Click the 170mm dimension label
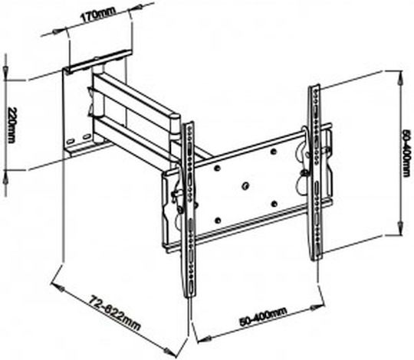click(98, 15)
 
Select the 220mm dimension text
click(12, 125)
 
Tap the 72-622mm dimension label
click(113, 313)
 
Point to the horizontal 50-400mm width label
click(263, 317)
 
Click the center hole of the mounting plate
click(245, 185)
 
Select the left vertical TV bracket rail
click(191, 208)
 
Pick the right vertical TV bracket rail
click(315, 172)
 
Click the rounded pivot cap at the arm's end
click(175, 116)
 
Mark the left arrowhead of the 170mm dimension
click(56, 31)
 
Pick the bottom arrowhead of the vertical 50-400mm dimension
click(400, 227)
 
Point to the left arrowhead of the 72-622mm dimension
click(58, 288)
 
